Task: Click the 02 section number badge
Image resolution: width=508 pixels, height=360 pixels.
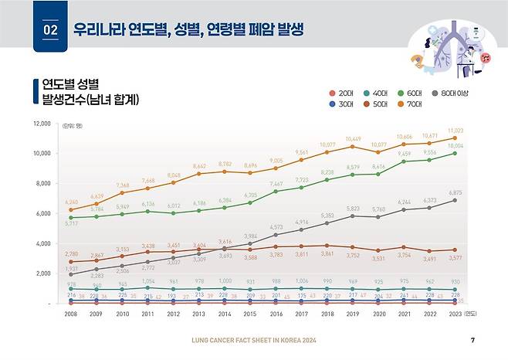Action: click(x=50, y=30)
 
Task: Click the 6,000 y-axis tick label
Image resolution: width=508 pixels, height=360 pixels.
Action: click(x=40, y=214)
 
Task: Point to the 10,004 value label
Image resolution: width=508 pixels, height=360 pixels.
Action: click(x=456, y=145)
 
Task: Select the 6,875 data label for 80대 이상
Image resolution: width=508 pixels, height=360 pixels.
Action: click(x=457, y=192)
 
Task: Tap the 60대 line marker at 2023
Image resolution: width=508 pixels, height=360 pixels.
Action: click(x=456, y=153)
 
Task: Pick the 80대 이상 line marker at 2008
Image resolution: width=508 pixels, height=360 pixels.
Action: click(x=71, y=274)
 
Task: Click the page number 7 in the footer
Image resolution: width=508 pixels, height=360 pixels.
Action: click(x=472, y=341)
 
